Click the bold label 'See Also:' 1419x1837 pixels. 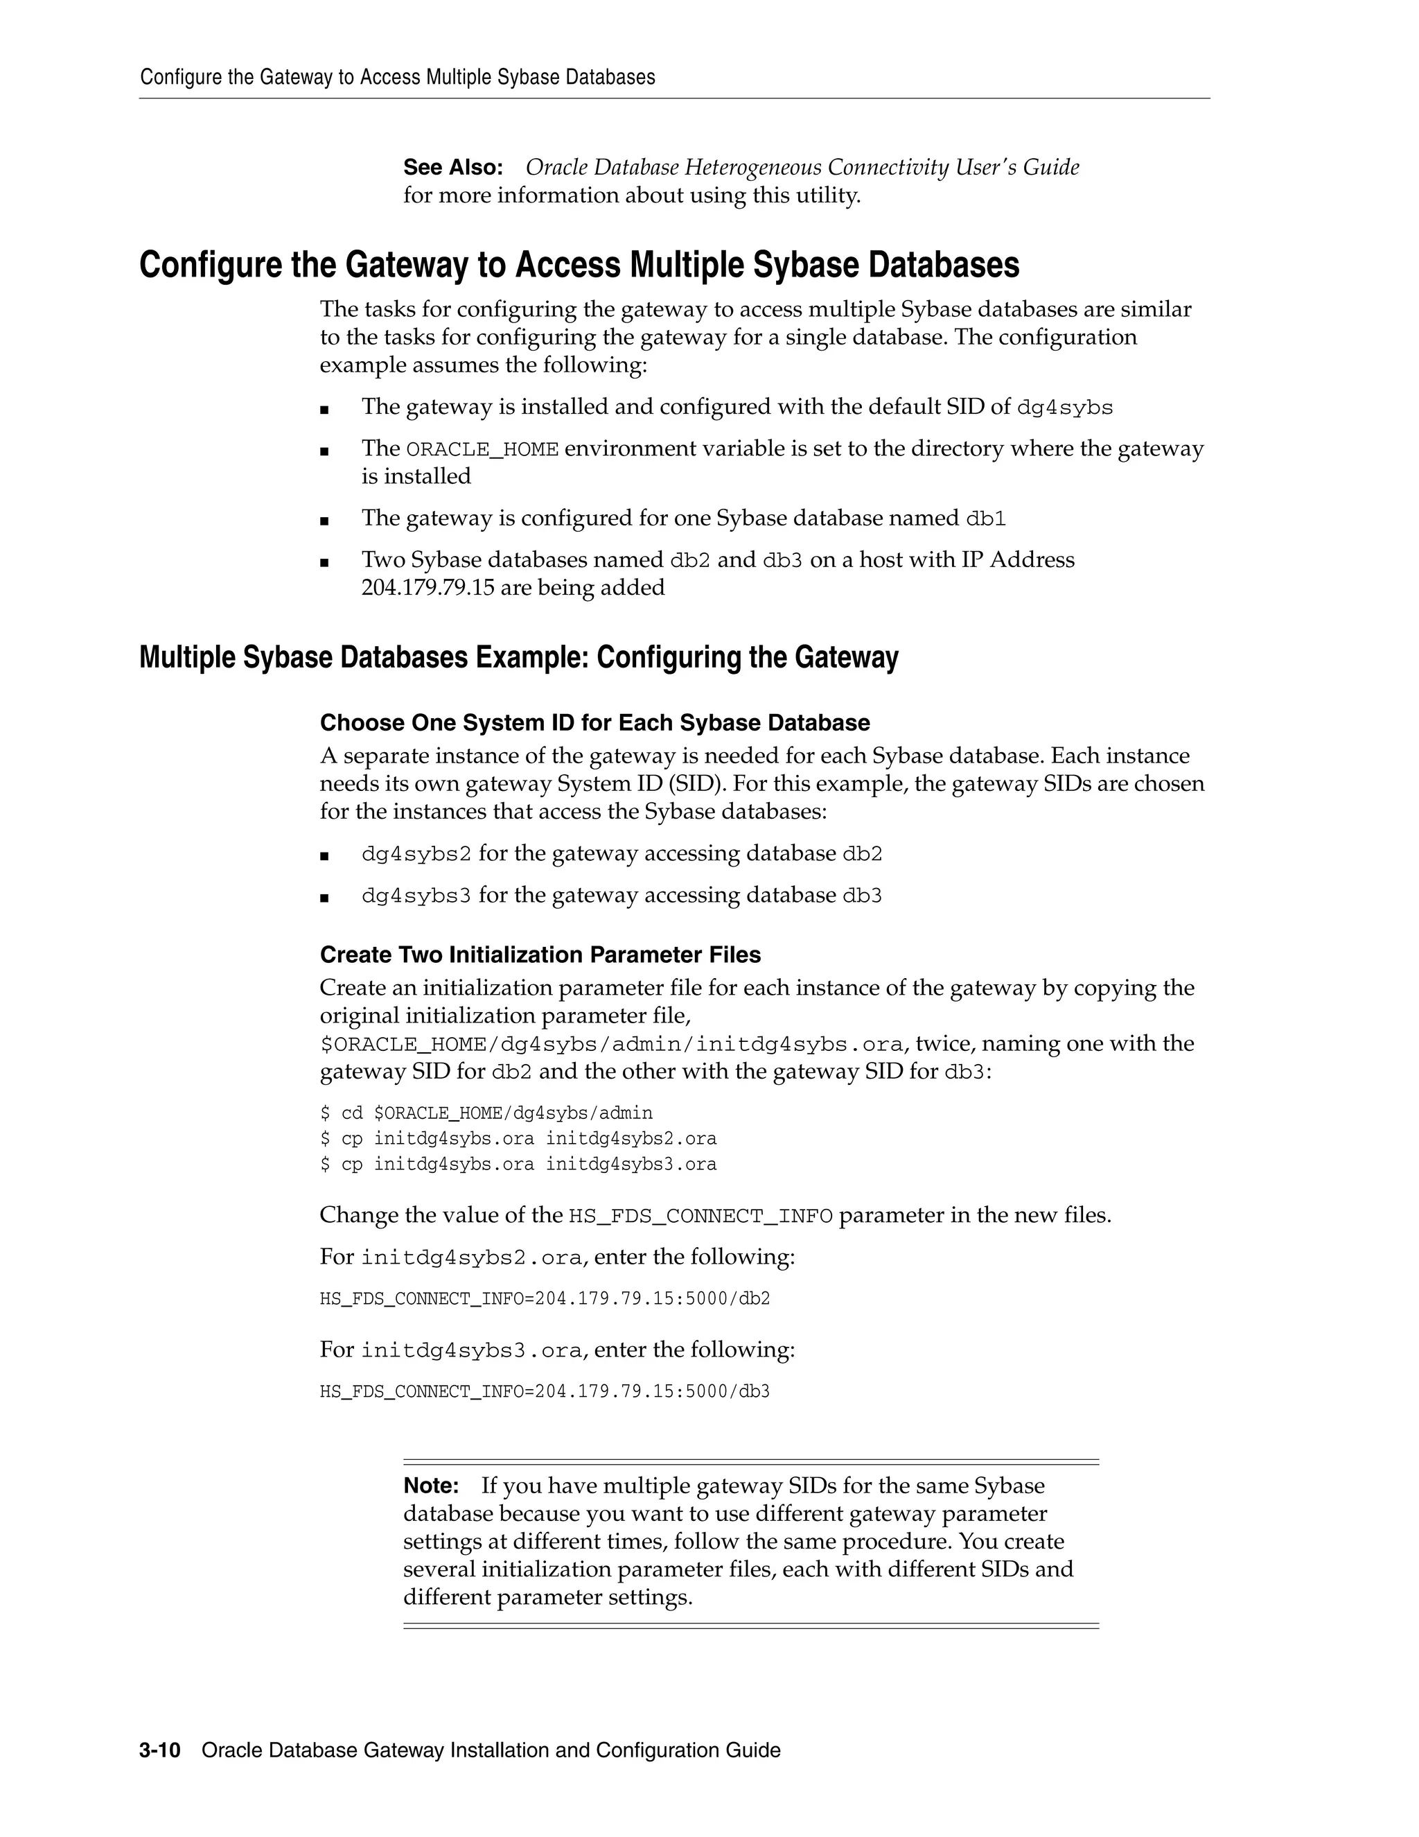point(452,167)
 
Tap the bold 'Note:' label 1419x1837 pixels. point(430,1486)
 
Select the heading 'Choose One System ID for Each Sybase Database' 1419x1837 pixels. point(594,722)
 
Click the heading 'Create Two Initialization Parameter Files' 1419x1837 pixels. point(540,955)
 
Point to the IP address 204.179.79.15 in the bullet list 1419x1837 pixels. point(428,588)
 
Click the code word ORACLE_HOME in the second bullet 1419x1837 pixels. point(482,450)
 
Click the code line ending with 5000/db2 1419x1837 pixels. point(544,1298)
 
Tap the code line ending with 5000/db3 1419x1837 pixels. point(544,1391)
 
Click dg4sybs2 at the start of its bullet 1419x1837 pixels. point(416,855)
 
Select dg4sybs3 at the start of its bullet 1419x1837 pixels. point(416,896)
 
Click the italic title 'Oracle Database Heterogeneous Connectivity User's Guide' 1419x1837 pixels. point(802,167)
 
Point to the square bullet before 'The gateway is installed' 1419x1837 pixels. point(324,410)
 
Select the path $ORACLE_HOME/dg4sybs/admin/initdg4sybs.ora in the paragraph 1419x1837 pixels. point(612,1045)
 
